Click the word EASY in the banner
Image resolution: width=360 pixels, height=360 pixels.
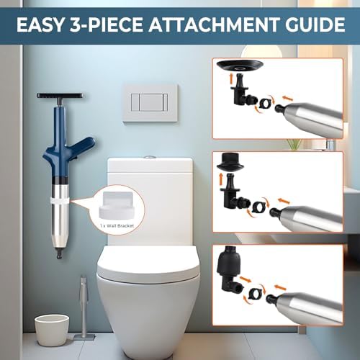[40, 24]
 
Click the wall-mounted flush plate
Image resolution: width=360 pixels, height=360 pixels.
[150, 103]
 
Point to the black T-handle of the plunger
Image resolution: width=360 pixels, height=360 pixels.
[60, 96]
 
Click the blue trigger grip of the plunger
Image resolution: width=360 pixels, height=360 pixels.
[84, 145]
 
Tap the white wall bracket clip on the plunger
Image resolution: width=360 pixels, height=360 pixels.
[60, 201]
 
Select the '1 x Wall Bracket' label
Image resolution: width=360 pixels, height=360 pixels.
[117, 226]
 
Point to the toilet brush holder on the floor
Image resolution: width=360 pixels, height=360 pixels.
[84, 307]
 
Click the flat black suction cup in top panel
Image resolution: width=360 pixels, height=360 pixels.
[240, 66]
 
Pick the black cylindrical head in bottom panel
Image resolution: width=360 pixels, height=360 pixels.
[229, 261]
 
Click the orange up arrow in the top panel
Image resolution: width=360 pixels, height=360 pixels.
[232, 79]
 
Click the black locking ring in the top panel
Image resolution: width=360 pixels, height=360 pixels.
[266, 104]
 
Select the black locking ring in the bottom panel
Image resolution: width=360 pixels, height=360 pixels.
[255, 293]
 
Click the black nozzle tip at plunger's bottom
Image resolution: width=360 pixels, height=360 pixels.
[59, 254]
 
